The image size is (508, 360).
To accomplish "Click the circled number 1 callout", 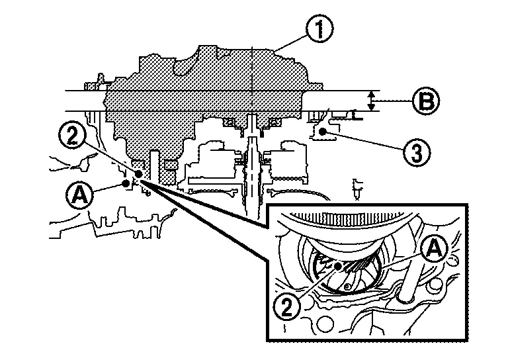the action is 319,28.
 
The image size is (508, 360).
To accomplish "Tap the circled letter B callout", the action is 426,101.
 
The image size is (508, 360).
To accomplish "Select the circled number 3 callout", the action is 417,152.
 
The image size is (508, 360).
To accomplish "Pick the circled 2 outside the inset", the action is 72,136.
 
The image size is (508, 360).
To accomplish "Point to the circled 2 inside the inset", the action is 287,306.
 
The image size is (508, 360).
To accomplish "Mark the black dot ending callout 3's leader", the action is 322,131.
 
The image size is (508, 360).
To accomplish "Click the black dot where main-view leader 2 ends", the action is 139,173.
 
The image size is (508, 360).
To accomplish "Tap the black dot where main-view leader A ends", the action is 126,183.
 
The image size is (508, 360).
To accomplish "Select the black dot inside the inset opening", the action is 338,266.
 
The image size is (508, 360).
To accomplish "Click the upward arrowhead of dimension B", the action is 372,94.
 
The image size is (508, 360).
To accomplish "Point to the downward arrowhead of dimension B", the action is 372,108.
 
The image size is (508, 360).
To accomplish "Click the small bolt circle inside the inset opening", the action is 347,286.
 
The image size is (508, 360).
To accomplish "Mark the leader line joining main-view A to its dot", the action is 109,187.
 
